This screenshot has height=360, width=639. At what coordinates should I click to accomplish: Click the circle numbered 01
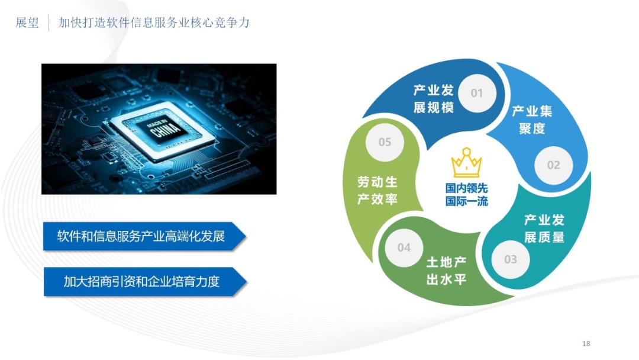477,93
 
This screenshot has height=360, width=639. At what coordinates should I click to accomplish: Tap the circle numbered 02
553,165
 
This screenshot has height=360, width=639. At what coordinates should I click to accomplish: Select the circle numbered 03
510,259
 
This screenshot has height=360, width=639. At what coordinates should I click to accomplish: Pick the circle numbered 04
404,247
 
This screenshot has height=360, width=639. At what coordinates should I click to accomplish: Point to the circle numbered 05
385,142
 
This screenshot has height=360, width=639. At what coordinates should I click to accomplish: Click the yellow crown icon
467,162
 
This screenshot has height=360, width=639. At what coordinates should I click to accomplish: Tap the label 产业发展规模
434,99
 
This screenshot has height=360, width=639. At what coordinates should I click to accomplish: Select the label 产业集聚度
532,120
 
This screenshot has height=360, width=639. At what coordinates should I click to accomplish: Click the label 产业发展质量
544,229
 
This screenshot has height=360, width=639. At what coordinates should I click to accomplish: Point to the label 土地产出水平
446,271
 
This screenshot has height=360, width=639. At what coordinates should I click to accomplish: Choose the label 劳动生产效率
377,191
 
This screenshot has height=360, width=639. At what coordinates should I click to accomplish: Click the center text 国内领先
467,188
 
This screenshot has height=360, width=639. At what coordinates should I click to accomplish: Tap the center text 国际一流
467,201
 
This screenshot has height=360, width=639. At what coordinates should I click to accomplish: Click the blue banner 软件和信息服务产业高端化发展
145,236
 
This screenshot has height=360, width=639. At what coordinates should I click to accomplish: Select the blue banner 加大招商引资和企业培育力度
145,281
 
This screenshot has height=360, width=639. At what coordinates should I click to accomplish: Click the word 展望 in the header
27,22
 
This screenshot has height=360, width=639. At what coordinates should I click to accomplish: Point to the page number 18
586,343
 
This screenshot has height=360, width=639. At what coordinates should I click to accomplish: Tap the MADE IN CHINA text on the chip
163,128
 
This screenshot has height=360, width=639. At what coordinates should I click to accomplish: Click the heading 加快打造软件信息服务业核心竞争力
154,22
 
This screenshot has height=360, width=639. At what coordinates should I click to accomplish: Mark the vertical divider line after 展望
49,23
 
